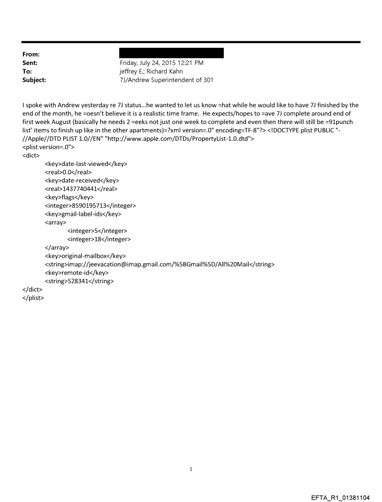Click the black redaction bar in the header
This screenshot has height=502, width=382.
pos(172,53)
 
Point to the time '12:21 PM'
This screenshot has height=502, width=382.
pos(191,63)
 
